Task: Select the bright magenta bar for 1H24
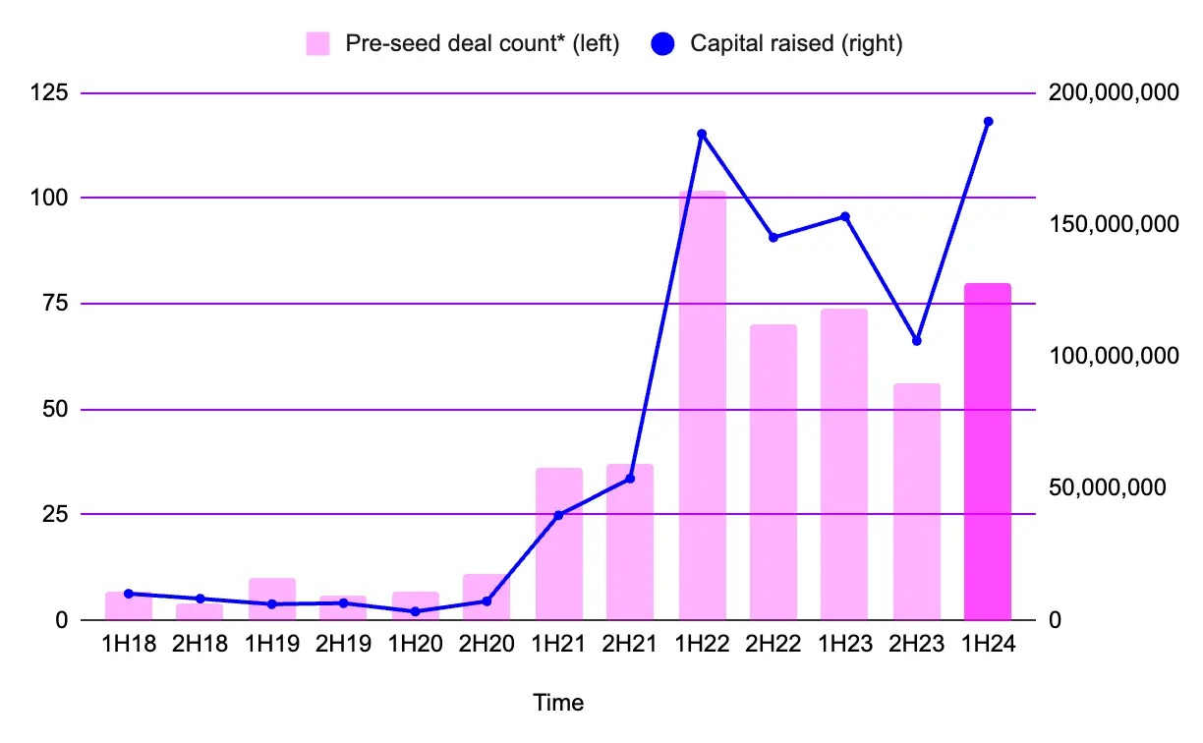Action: point(988,452)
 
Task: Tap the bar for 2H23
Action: point(916,501)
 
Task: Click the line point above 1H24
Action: point(988,122)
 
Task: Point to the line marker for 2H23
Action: point(916,341)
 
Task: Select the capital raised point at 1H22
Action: point(702,134)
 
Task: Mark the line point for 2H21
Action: point(630,479)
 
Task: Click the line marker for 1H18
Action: point(129,594)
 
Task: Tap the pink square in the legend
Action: point(317,44)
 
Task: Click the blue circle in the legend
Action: point(662,44)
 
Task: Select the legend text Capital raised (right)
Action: point(796,44)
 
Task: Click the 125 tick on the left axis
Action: point(50,93)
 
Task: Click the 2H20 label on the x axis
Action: point(487,646)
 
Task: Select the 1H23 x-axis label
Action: point(844,646)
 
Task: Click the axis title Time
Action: point(558,703)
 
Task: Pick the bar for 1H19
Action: point(272,600)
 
